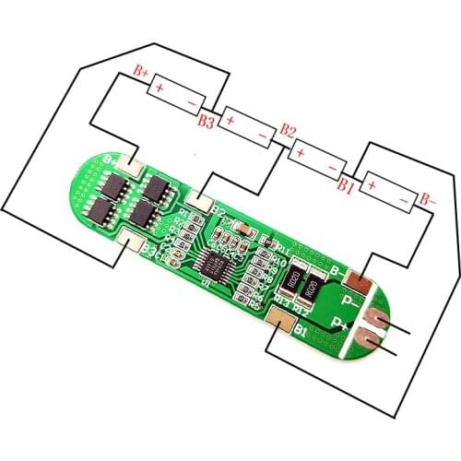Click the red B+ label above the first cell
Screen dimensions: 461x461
pyautogui.click(x=142, y=70)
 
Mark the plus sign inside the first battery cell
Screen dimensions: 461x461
pyautogui.click(x=160, y=89)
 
